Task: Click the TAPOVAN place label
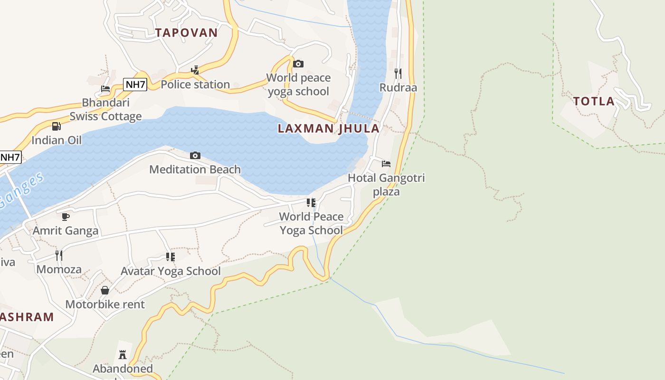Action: pyautogui.click(x=186, y=32)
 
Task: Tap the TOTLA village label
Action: pyautogui.click(x=594, y=101)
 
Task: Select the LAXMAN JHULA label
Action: pyautogui.click(x=329, y=128)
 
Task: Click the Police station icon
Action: pyautogui.click(x=195, y=70)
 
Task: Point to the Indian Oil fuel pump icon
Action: pyautogui.click(x=57, y=126)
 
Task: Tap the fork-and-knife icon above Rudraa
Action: pyautogui.click(x=398, y=73)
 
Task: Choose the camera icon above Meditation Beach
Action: pyautogui.click(x=195, y=155)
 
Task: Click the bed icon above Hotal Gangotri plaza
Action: pyautogui.click(x=386, y=164)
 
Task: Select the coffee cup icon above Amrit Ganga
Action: pyautogui.click(x=66, y=217)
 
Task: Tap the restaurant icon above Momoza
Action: pyautogui.click(x=59, y=255)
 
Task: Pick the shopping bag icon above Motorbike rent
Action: pyautogui.click(x=105, y=290)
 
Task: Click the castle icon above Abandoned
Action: pyautogui.click(x=123, y=354)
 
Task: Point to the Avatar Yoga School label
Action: pyautogui.click(x=171, y=271)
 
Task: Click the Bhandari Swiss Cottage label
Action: pyautogui.click(x=105, y=110)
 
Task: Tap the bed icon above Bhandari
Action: pyautogui.click(x=105, y=89)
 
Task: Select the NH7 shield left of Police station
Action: pyautogui.click(x=135, y=85)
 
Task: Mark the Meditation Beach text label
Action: pyautogui.click(x=195, y=170)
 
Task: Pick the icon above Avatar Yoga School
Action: pyautogui.click(x=171, y=257)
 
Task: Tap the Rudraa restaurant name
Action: pyautogui.click(x=398, y=87)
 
